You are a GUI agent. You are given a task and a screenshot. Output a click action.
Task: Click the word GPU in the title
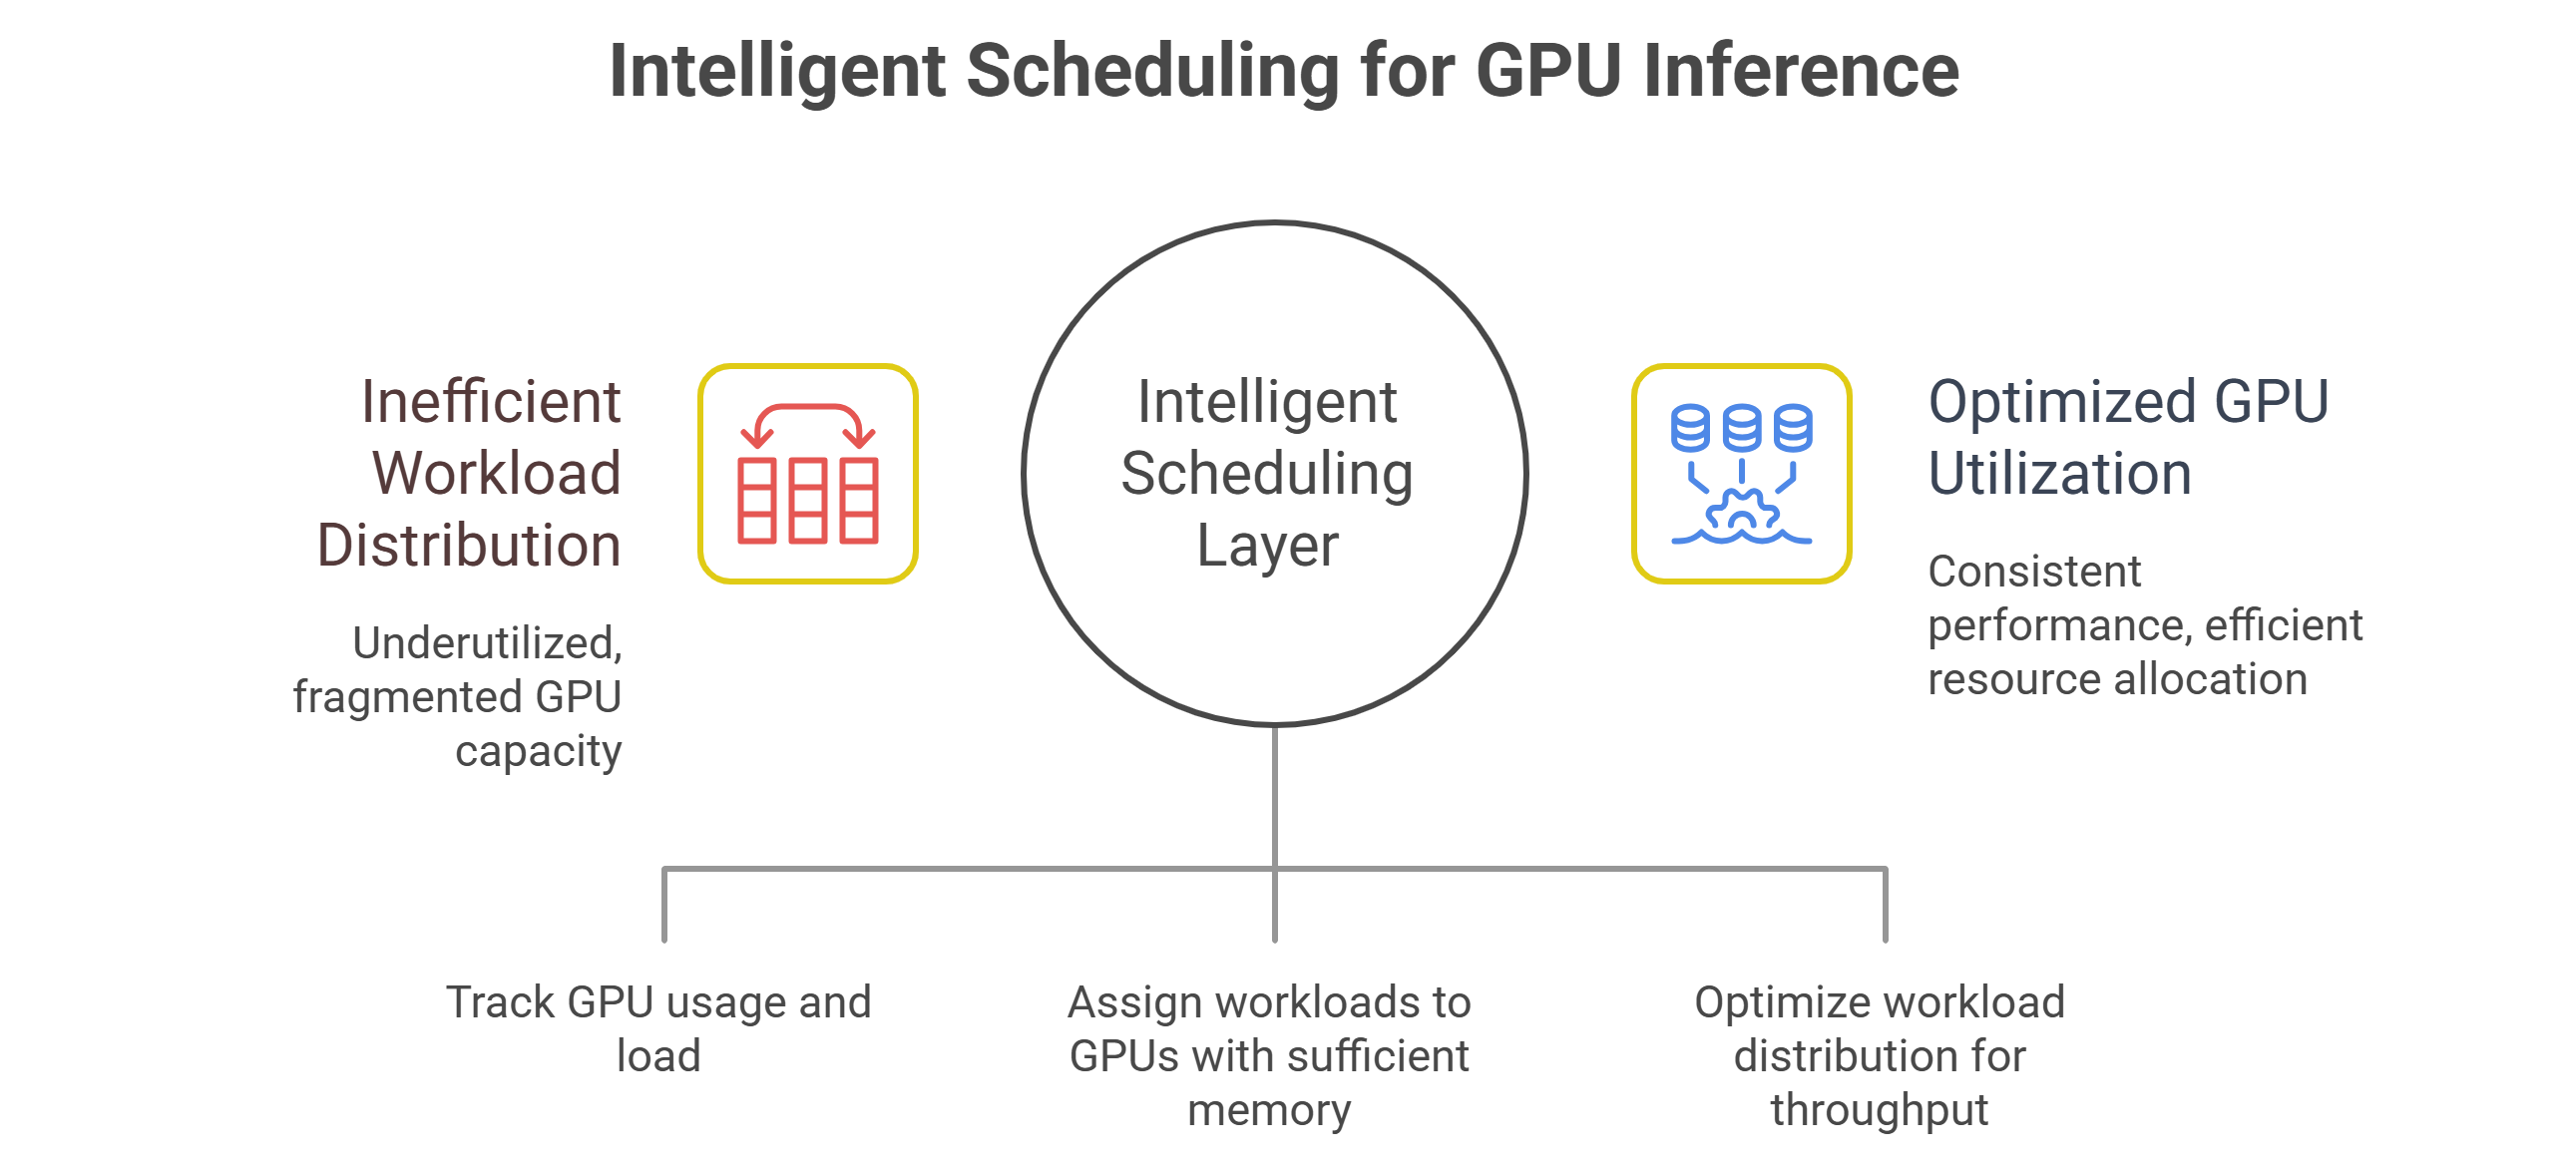coord(1548,71)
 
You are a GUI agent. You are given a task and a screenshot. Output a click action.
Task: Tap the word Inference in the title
coord(1801,71)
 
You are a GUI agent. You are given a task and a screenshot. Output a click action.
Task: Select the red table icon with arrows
coord(807,474)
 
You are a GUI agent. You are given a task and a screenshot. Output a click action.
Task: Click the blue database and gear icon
coord(1741,474)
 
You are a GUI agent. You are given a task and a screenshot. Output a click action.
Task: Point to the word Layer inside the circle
coord(1267,546)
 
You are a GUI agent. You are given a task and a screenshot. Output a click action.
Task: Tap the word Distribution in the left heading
coord(469,546)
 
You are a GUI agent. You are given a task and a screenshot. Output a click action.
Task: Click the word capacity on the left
coord(538,751)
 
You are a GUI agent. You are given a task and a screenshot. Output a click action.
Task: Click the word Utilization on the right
coord(2059,474)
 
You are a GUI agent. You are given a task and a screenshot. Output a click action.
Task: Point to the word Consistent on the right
coord(2034,572)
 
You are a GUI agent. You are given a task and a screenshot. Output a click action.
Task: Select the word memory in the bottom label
coord(1269,1110)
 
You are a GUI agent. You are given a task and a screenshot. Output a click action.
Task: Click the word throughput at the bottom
coord(1879,1110)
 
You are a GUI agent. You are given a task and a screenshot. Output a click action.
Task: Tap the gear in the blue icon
coord(1742,511)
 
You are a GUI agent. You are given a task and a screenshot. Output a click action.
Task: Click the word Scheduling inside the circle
coord(1267,474)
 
